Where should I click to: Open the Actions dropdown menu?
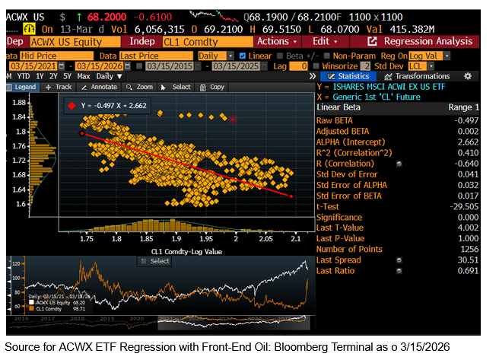pyautogui.click(x=278, y=41)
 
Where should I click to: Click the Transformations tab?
pyautogui.click(x=422, y=76)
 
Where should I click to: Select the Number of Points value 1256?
pyautogui.click(x=466, y=248)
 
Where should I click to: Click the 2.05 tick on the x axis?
pyautogui.click(x=265, y=238)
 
